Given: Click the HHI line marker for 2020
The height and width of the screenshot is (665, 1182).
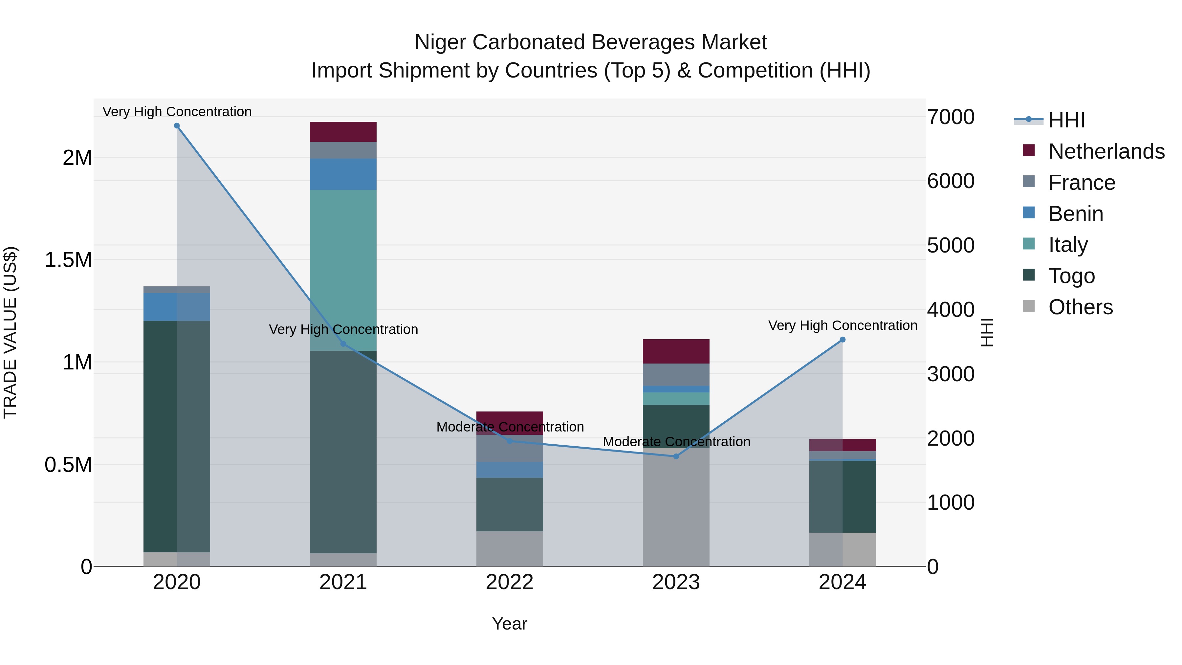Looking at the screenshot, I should tap(177, 126).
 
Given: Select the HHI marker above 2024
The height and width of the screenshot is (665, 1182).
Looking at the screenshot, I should tap(843, 340).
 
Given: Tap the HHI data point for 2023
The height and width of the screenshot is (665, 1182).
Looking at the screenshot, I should tap(676, 456).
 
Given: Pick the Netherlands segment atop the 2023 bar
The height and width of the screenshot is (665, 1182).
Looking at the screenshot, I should tap(676, 351).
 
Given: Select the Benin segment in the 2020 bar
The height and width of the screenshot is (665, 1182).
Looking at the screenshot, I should tap(177, 307).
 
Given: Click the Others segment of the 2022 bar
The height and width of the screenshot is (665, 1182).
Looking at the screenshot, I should tap(509, 548).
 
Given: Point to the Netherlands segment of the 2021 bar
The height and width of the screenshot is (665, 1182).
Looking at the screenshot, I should tap(343, 132).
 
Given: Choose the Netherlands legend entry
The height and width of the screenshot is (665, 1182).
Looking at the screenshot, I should tap(1106, 151).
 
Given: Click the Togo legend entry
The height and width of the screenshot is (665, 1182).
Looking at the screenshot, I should tap(1071, 276).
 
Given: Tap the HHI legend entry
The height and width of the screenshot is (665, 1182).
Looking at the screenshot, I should tap(1066, 120).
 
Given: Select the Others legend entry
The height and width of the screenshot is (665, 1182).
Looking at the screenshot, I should tap(1080, 307).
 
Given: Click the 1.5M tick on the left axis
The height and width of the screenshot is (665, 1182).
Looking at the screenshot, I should tap(68, 260).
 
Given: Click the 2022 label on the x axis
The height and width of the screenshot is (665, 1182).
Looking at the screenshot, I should tap(509, 582).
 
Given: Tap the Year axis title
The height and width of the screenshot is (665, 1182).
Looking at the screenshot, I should tap(509, 624).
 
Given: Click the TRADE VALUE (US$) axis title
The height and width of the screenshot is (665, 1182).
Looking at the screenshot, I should tap(10, 332).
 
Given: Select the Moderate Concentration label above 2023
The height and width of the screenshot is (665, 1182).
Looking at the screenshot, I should tap(676, 441).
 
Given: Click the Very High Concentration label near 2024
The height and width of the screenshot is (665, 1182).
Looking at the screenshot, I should tap(843, 325).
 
